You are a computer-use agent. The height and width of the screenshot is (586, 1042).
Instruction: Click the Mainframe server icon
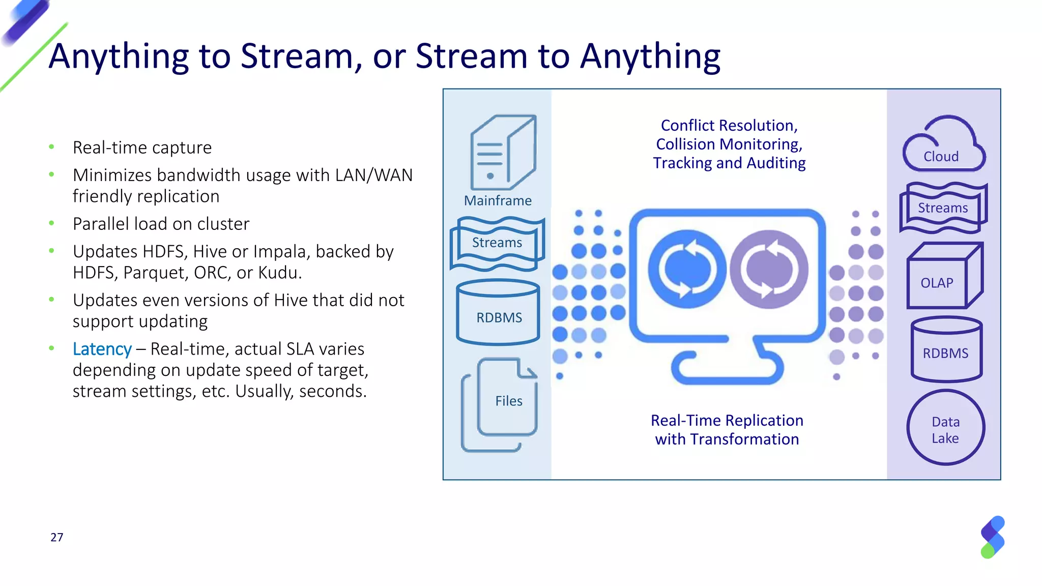pos(503,153)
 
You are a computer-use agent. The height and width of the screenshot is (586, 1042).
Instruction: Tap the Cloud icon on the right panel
pos(944,145)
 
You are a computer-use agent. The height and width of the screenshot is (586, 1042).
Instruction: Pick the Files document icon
pos(501,404)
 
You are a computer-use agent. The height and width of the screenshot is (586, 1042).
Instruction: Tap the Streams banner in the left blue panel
pos(497,243)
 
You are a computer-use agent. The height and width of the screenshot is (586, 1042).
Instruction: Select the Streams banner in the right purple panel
pos(943,208)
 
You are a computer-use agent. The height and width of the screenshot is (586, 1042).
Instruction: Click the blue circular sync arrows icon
pos(687,269)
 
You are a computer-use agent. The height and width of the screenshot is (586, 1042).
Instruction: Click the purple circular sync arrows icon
pos(769,269)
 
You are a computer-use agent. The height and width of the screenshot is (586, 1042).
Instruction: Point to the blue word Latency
pos(102,349)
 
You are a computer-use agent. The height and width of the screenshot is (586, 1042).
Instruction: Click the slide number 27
pos(57,538)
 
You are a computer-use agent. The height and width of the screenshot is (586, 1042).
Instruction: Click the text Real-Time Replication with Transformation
pos(727,430)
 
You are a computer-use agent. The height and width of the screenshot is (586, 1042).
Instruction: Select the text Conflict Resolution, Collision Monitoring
pos(729,135)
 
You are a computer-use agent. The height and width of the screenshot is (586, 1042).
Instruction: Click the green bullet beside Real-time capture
pos(51,148)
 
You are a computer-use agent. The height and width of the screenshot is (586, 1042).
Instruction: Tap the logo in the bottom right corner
pos(993,537)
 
